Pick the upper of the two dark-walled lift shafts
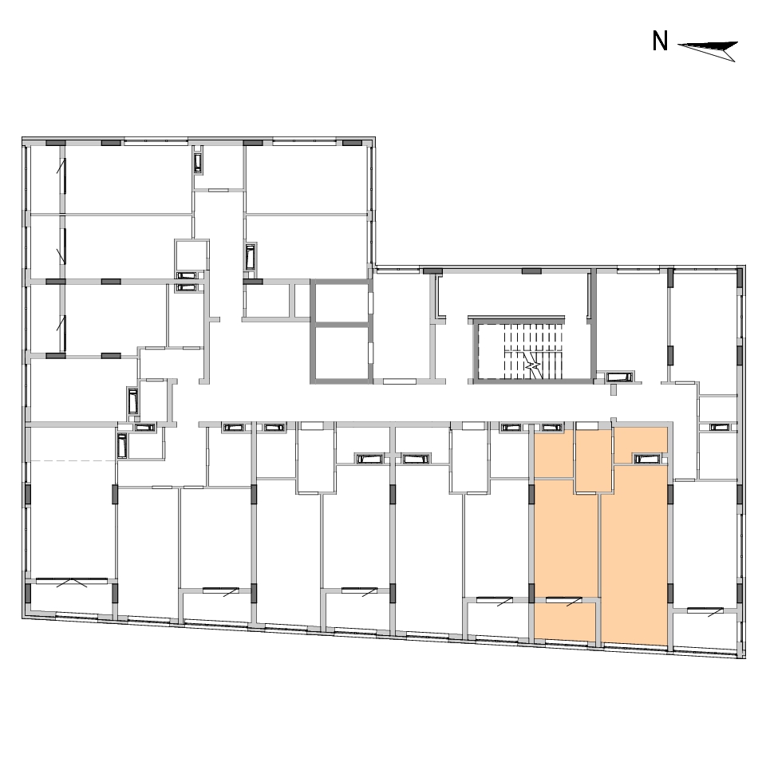[x=342, y=302]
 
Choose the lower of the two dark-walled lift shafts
[x=342, y=353]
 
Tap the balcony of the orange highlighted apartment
[x=565, y=622]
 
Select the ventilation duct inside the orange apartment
[x=647, y=459]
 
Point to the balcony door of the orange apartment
[x=564, y=600]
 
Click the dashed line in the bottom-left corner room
[x=73, y=460]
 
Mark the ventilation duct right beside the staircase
[x=619, y=377]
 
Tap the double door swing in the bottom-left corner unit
[x=72, y=582]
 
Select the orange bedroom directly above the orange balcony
[x=566, y=537]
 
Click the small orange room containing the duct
[x=641, y=444]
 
